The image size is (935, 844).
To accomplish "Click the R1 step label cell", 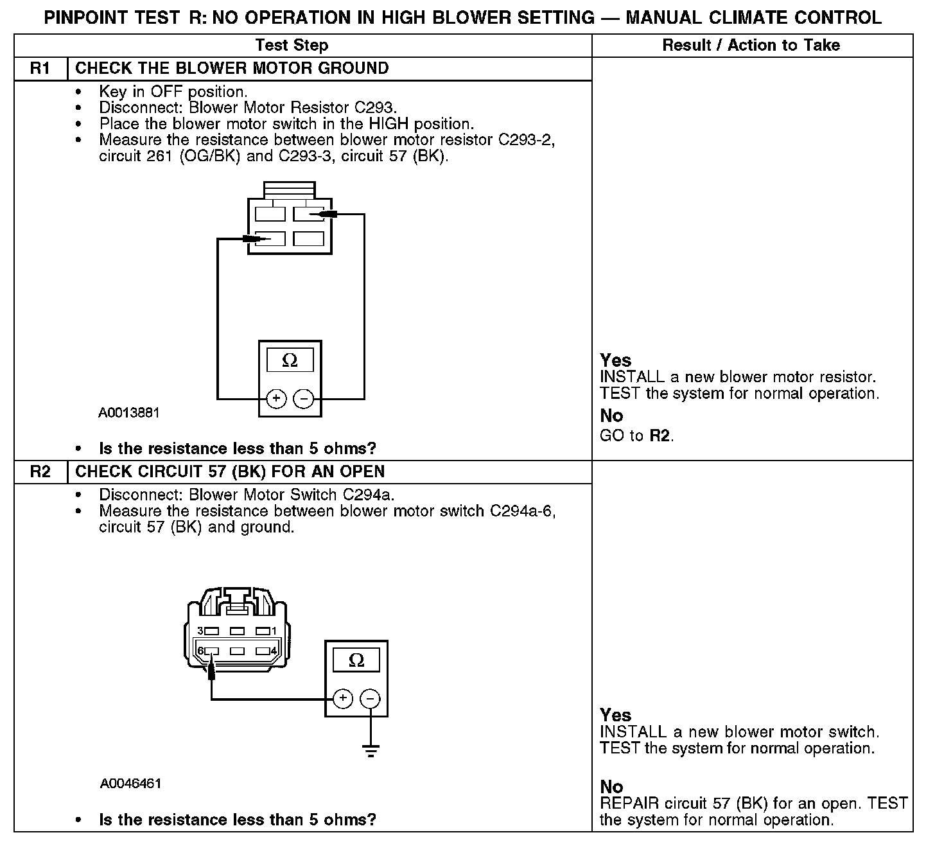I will [40, 69].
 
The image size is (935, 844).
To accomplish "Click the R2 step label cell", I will [40, 472].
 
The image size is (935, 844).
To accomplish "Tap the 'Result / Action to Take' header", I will [751, 45].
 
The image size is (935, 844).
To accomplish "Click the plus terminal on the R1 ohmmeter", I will [276, 399].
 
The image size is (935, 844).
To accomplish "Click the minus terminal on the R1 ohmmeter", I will [303, 399].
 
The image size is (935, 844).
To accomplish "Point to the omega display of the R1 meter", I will [290, 361].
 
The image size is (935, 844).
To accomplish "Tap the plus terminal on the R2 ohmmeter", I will [343, 698].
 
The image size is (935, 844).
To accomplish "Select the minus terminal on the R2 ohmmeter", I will [370, 698].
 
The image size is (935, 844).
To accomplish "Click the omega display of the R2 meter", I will [356, 660].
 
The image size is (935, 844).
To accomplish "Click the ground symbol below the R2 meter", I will [371, 750].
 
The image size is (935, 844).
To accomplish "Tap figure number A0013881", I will [128, 412].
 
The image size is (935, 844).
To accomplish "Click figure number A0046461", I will [130, 784].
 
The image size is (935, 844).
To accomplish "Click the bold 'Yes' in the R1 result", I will [615, 360].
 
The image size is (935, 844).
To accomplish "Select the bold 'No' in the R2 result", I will [611, 787].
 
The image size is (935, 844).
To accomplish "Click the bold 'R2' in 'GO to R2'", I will [661, 436].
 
